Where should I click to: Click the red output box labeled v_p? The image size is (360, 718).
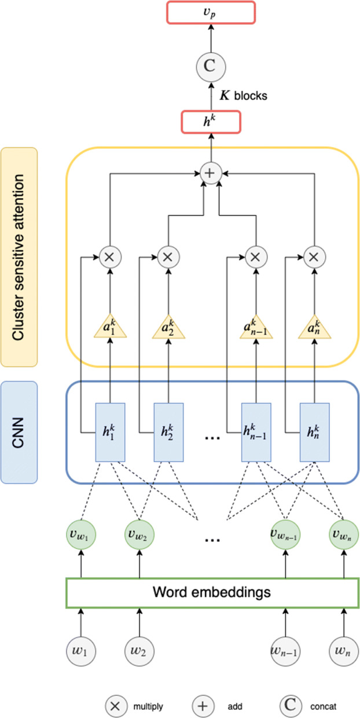pos(211,13)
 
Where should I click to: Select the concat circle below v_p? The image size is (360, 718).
pos(211,67)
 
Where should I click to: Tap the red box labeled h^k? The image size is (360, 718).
pos(211,122)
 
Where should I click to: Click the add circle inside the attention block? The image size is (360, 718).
pos(211,173)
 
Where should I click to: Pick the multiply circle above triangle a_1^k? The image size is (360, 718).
pos(110,257)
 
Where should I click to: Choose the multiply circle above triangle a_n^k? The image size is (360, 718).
pos(314,257)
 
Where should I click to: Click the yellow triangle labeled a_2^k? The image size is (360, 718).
pos(168,327)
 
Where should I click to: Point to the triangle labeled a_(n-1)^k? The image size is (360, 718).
pos(256,327)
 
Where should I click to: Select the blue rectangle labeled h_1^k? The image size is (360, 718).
pos(110,432)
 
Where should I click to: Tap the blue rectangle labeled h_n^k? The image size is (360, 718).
pos(314,432)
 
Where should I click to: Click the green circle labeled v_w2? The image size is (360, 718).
pos(139,534)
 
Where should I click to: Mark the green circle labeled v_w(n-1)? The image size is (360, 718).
pos(285,534)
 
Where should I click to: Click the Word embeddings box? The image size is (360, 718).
pos(212,593)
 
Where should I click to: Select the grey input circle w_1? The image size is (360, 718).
pos(81,651)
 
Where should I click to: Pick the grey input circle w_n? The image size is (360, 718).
pos(344,651)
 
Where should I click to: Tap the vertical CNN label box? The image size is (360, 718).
pos(19,432)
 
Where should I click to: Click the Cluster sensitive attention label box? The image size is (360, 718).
pos(19,257)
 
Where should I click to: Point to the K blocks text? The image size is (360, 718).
pos(244,96)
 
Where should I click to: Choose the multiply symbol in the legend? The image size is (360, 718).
pos(116,706)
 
